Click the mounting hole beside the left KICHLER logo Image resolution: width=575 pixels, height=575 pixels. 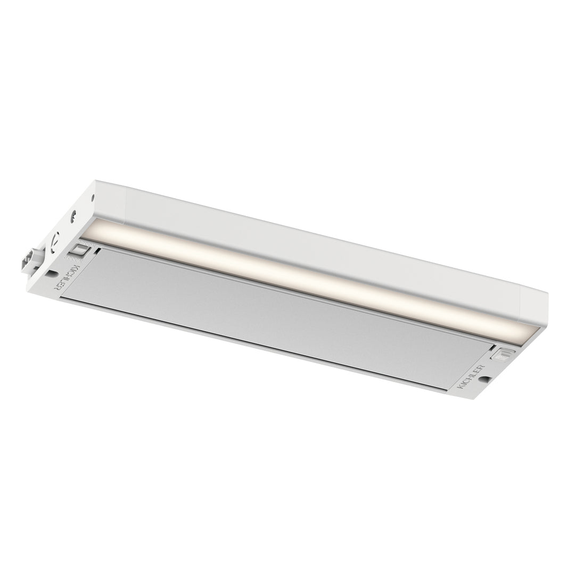[x=52, y=274]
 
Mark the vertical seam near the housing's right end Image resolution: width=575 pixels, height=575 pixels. [x=520, y=304]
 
